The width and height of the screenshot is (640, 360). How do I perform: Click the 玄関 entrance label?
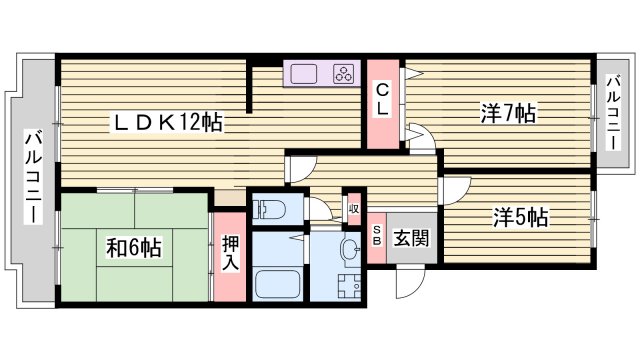pyautogui.click(x=410, y=239)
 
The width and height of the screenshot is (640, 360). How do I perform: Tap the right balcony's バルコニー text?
pyautogui.click(x=612, y=112)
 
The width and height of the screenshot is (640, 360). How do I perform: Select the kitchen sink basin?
pyautogui.click(x=304, y=74)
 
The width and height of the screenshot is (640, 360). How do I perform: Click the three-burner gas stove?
pyautogui.click(x=343, y=74)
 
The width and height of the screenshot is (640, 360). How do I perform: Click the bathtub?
pyautogui.click(x=277, y=283)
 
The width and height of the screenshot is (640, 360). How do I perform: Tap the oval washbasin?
pyautogui.click(x=350, y=248)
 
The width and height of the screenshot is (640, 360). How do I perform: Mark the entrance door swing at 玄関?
pyautogui.click(x=408, y=283)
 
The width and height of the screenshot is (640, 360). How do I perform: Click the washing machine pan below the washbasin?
pyautogui.click(x=349, y=285)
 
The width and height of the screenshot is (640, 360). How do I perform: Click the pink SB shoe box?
pyautogui.click(x=377, y=240)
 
